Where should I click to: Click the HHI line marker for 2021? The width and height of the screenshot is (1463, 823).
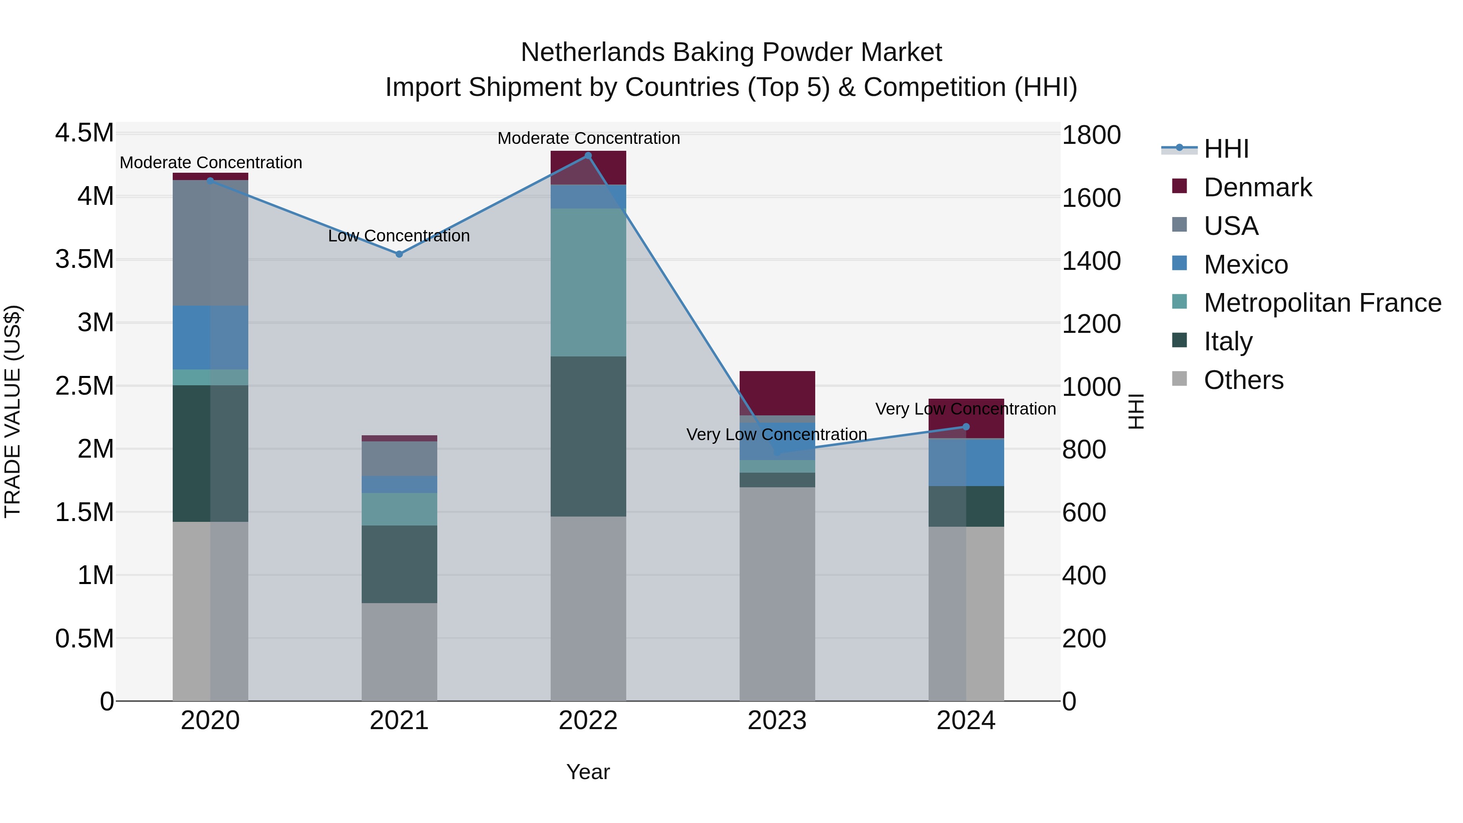[x=399, y=254]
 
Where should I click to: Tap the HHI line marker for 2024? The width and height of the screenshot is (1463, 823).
[x=966, y=427]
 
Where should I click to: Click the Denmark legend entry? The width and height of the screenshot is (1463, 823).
[x=1257, y=187]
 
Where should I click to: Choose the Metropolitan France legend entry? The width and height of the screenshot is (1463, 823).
[x=1322, y=303]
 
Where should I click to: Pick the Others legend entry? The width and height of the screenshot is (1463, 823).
[x=1243, y=380]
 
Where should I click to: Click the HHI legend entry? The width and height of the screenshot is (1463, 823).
[x=1226, y=149]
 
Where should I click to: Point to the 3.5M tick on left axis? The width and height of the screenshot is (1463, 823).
[x=84, y=260]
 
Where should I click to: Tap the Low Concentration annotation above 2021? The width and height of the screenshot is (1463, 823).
[x=399, y=236]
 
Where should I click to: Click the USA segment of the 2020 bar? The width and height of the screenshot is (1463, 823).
[x=210, y=243]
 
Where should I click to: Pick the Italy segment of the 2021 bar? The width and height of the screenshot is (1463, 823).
[x=399, y=564]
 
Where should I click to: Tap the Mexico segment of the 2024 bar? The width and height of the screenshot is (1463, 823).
[x=966, y=462]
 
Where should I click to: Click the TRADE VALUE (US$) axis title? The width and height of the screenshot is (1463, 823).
[x=13, y=411]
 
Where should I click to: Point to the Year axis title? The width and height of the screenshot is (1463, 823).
[x=588, y=772]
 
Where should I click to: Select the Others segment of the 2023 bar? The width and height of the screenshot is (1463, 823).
[x=777, y=593]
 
